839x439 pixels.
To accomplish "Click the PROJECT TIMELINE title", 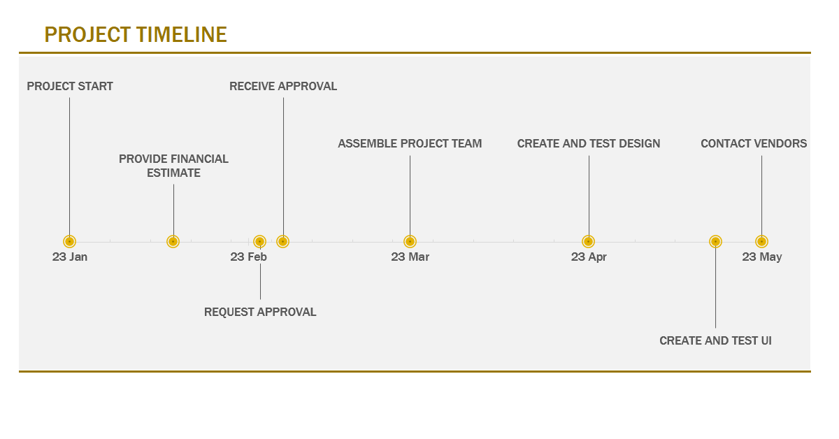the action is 136,35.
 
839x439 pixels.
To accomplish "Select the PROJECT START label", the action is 70,86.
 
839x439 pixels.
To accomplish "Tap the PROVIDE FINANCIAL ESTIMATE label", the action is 173,166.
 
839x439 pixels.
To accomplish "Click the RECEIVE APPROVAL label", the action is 283,86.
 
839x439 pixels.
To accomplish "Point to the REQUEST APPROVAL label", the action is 260,312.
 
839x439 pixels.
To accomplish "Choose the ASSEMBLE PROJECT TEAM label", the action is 410,143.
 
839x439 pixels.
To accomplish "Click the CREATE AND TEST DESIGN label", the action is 589,143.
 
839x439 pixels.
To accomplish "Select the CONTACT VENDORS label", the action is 754,143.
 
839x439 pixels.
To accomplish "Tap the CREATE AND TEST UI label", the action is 715,340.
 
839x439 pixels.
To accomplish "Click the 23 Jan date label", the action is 70,257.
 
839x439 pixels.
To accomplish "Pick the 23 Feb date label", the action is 248,257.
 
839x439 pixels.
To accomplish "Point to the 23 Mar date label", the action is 410,257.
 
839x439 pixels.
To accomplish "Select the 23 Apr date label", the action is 589,257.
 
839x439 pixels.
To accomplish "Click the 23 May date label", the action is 762,257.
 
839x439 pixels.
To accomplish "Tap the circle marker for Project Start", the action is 69,242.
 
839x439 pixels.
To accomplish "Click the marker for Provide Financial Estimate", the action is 173,242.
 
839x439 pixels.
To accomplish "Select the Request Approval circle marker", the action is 259,242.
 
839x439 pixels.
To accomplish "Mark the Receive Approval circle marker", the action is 282,242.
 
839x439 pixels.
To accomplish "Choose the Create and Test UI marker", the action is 715,242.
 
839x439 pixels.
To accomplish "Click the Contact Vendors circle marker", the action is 761,242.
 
